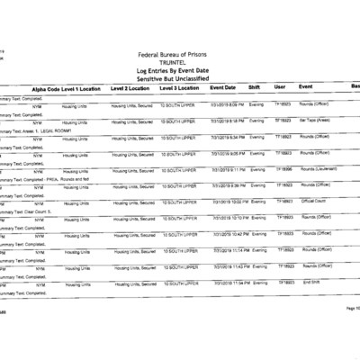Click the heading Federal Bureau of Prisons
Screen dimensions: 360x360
coord(191,55)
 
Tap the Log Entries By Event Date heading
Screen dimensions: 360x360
coord(191,71)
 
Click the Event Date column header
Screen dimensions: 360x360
coord(222,88)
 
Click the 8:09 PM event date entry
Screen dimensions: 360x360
coord(229,105)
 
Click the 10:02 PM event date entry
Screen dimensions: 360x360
coord(229,202)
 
